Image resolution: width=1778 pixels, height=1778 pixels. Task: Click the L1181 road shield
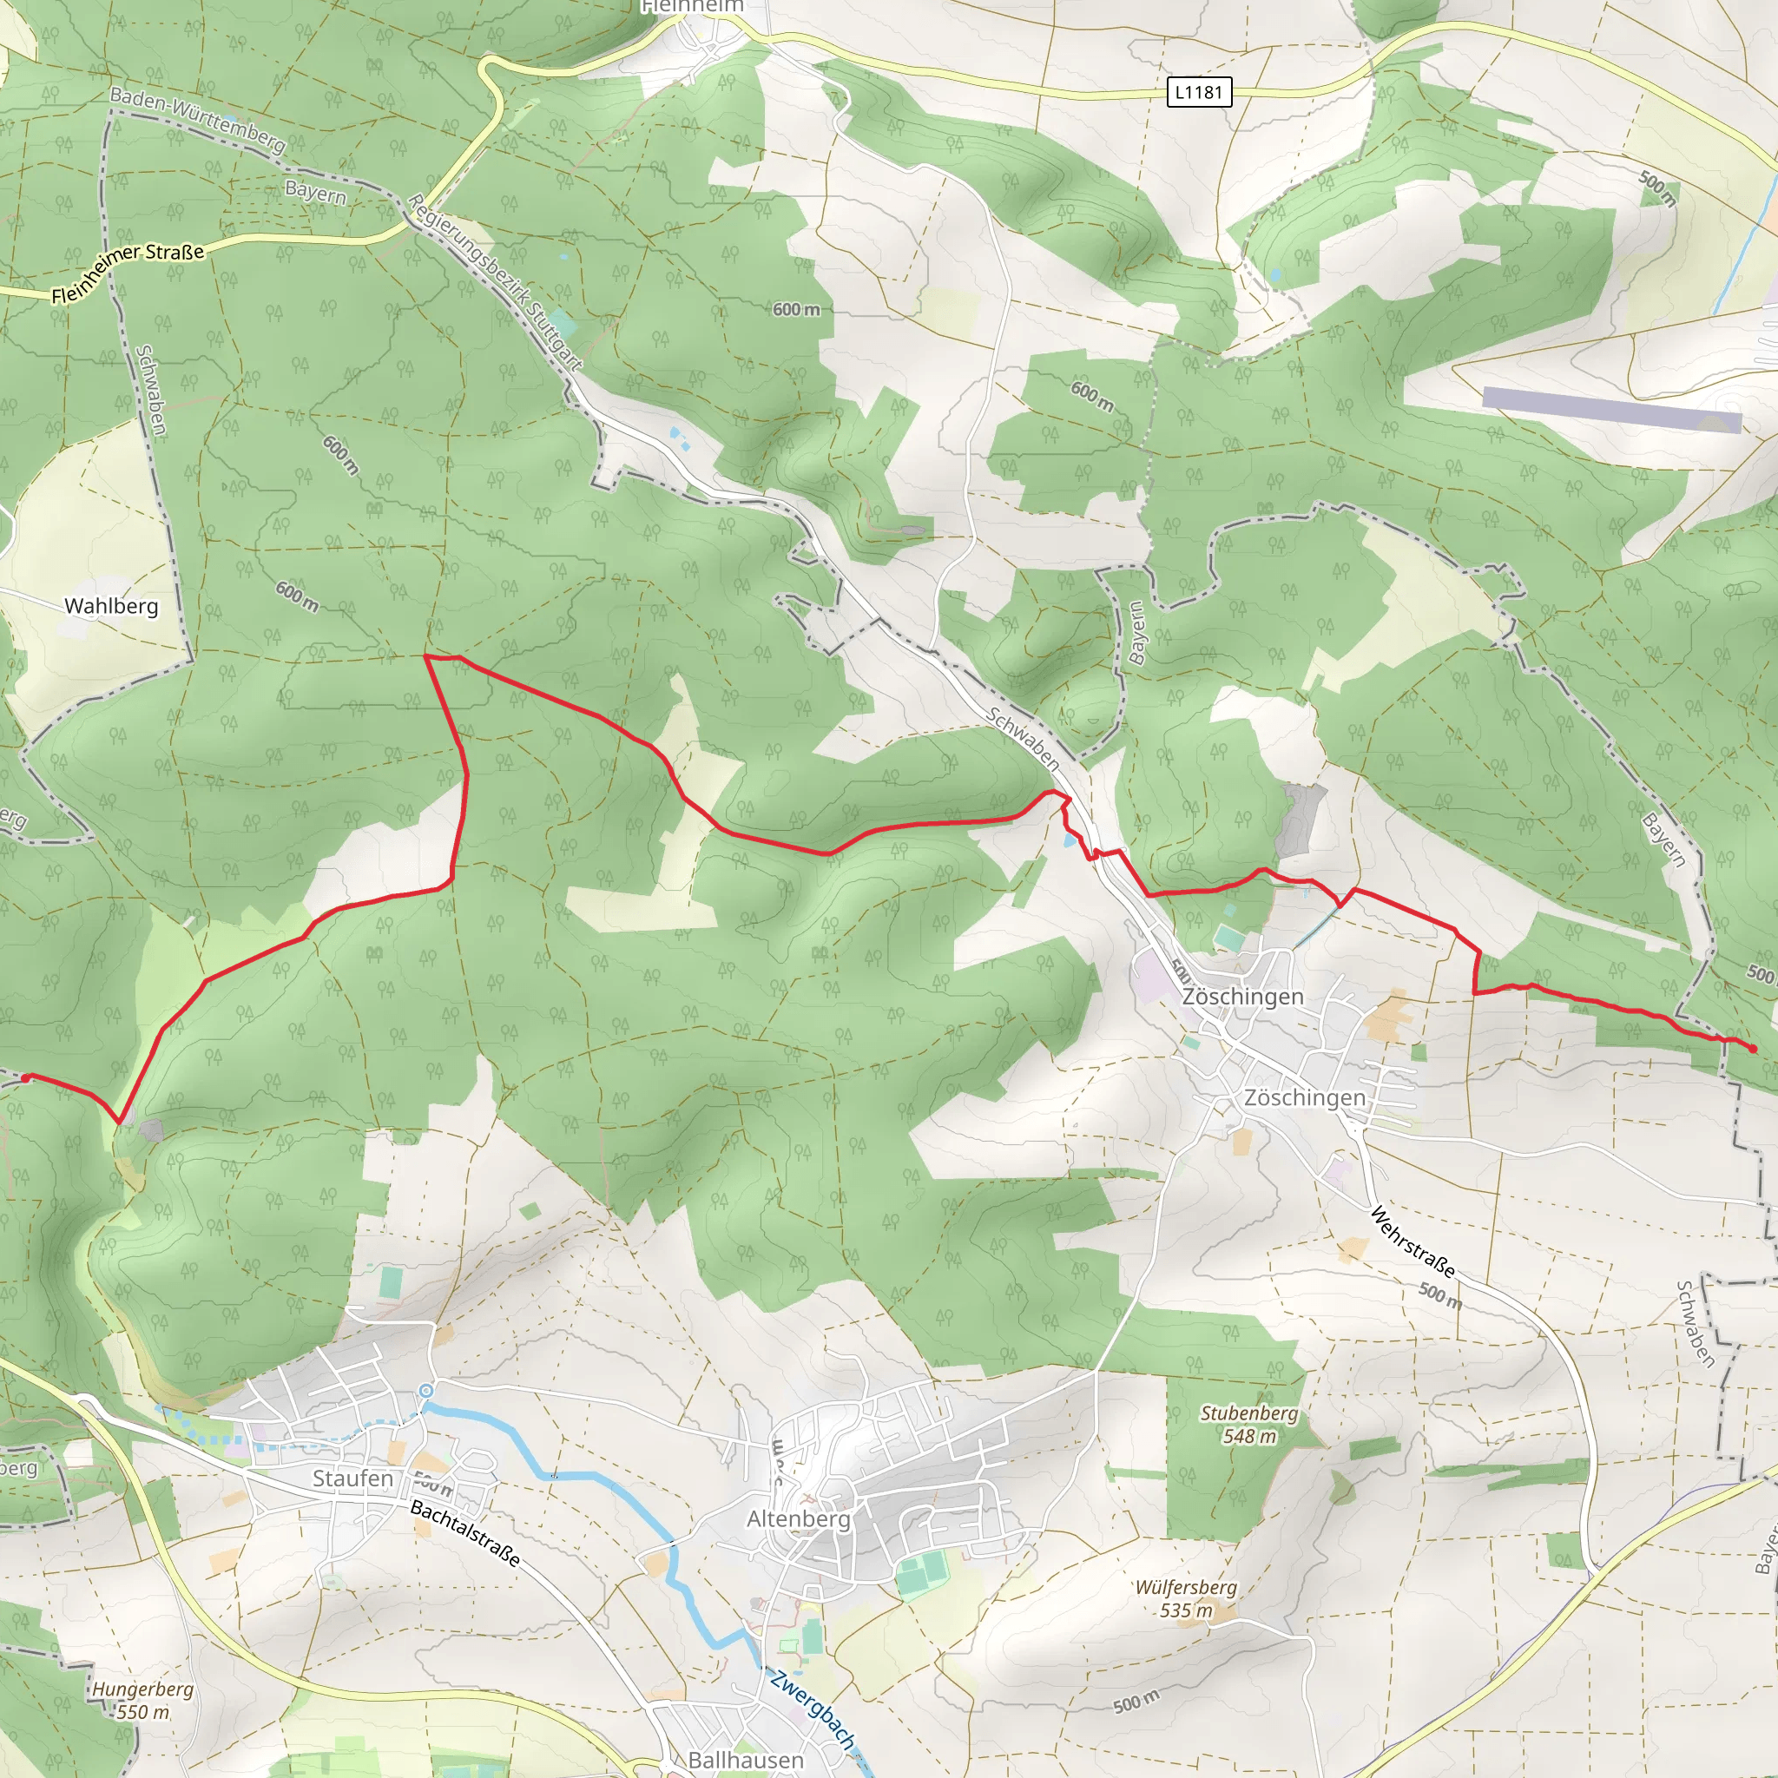[x=1198, y=92]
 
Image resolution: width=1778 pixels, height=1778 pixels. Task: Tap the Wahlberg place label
[x=111, y=606]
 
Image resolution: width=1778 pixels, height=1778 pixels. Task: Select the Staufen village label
[x=352, y=1478]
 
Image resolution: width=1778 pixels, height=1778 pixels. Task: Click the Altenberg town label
[x=798, y=1518]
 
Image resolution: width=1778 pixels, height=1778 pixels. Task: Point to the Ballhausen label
[x=746, y=1760]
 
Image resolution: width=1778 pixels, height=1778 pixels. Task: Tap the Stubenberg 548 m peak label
[x=1248, y=1424]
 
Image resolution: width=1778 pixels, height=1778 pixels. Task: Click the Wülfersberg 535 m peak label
[x=1185, y=1598]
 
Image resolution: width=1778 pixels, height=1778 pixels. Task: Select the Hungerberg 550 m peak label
[x=142, y=1701]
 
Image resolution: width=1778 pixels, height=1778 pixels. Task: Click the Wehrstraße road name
[x=1413, y=1242]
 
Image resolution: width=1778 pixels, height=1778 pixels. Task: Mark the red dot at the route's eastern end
[x=1752, y=1048]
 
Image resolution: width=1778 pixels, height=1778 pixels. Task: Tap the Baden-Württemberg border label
[x=197, y=120]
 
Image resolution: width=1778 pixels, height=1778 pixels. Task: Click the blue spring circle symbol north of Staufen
[x=425, y=1391]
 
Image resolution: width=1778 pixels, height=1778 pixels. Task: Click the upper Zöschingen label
[x=1242, y=997]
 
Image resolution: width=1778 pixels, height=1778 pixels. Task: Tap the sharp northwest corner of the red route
[x=425, y=656]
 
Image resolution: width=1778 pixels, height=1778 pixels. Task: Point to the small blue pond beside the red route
[x=1069, y=840]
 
